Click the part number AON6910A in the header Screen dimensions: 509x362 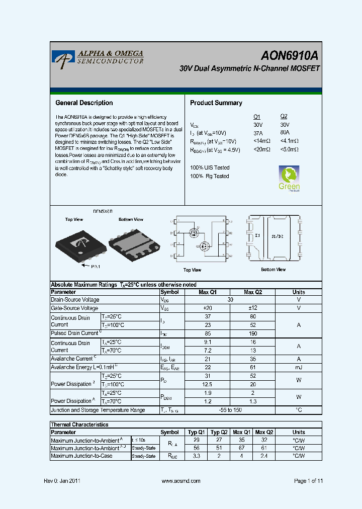pos(289,56)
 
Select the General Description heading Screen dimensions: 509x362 pos(84,103)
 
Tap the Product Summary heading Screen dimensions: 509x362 pos(216,103)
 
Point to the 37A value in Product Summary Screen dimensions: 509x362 pos(258,133)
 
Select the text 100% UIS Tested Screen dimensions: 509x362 pos(210,167)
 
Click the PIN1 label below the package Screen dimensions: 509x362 pos(96,266)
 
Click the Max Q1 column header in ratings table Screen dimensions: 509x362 pos(208,292)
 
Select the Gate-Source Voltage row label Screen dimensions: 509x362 pos(74,308)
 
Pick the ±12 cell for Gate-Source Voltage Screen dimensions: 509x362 pos(253,308)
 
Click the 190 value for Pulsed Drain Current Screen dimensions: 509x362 pos(253,333)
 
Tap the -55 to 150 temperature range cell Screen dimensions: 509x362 pos(230,410)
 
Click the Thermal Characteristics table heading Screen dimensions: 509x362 pos(79,425)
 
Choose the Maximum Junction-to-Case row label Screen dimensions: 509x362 pos(81,456)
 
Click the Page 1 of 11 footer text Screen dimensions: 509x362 pos(308,481)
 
